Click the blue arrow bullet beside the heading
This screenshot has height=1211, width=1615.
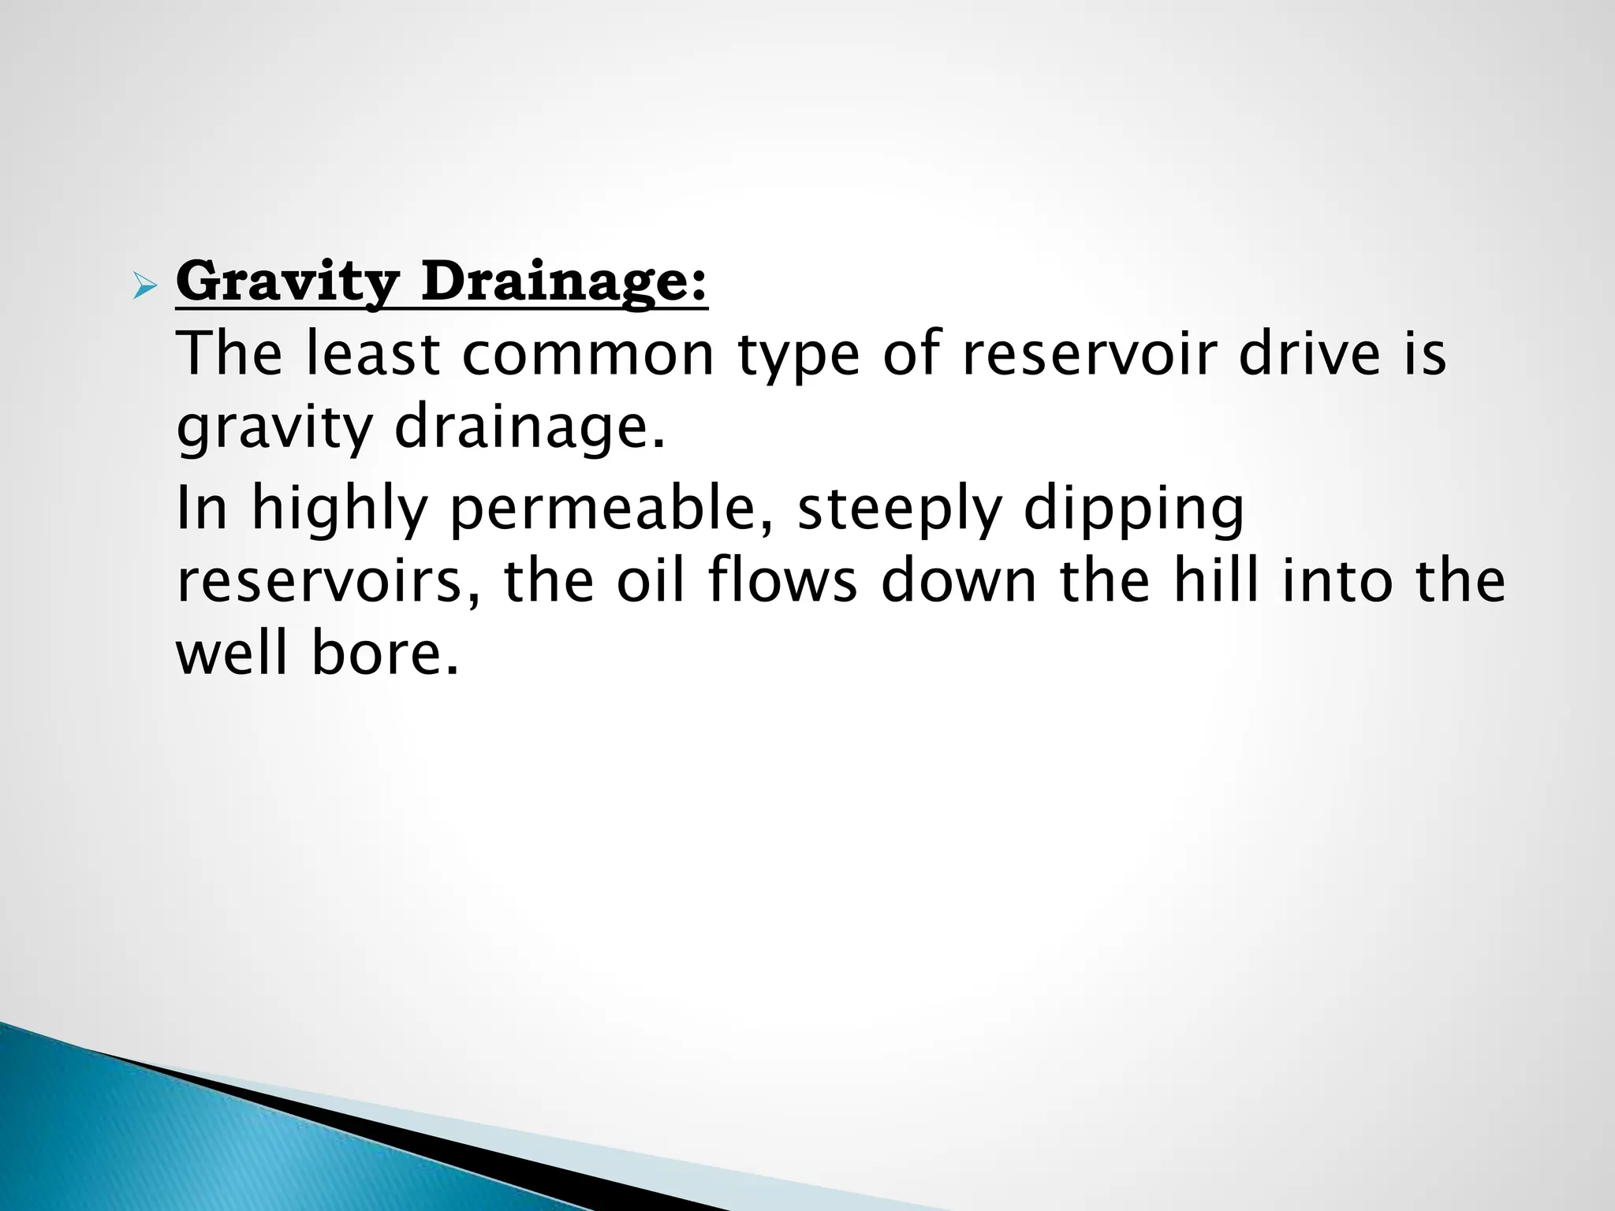pyautogui.click(x=145, y=286)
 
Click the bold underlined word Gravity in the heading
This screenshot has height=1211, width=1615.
pyautogui.click(x=288, y=282)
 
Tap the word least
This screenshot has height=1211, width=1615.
pyautogui.click(x=372, y=355)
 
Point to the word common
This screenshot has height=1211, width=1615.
pyautogui.click(x=587, y=355)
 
